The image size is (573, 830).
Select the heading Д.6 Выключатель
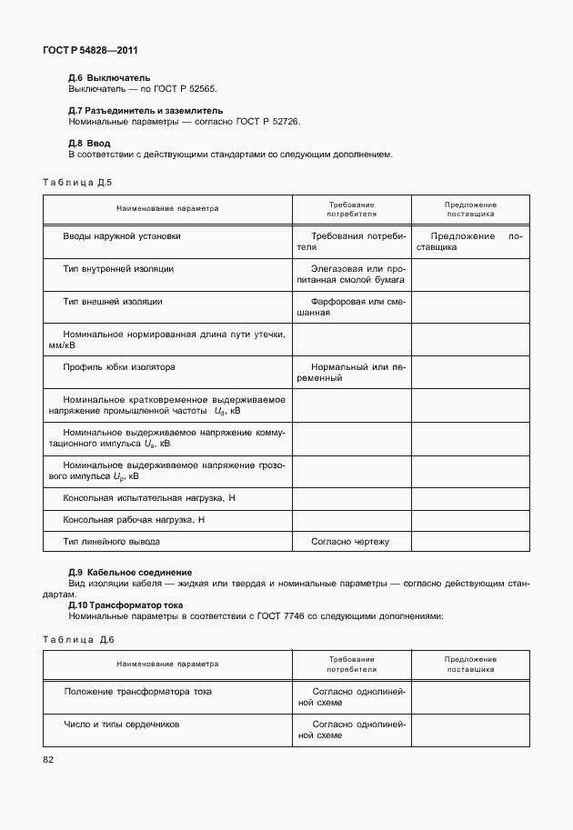[x=109, y=78]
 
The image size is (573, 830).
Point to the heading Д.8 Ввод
[x=90, y=144]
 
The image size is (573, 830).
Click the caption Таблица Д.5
[x=77, y=182]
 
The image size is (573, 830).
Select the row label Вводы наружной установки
[x=122, y=236]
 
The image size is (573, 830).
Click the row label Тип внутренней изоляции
[x=118, y=269]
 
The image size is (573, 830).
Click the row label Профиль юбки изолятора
[x=119, y=367]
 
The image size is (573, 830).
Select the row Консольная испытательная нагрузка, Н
[x=149, y=498]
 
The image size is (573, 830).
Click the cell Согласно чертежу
[x=350, y=542]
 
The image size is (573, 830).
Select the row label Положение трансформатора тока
[x=138, y=692]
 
